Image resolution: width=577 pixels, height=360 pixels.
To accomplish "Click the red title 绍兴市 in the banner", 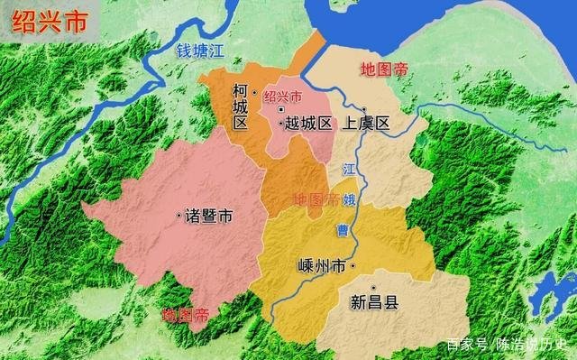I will (49, 21).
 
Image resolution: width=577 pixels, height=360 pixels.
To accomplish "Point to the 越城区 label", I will (309, 125).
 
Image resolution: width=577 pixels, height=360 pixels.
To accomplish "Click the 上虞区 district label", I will (365, 125).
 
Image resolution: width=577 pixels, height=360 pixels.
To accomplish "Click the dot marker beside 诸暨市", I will (178, 215).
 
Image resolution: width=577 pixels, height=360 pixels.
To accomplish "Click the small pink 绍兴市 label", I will (283, 97).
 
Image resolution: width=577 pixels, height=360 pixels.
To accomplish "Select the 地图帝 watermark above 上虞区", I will (385, 69).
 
